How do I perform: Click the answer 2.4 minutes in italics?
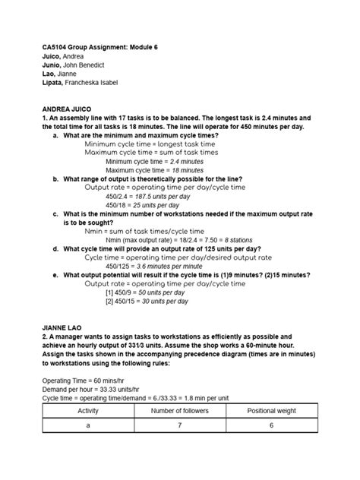186,161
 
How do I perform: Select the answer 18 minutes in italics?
186,170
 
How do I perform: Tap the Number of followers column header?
178,411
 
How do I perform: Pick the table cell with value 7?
178,426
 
